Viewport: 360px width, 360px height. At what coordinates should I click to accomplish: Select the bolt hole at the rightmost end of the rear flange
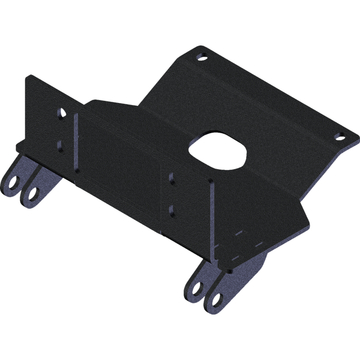coord(338,135)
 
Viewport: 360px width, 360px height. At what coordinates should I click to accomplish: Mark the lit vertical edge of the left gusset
coord(75,144)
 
